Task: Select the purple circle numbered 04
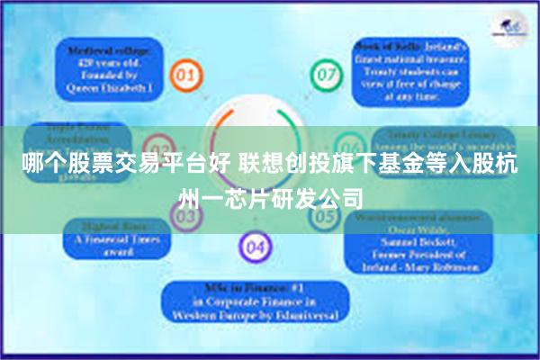(255, 245)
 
